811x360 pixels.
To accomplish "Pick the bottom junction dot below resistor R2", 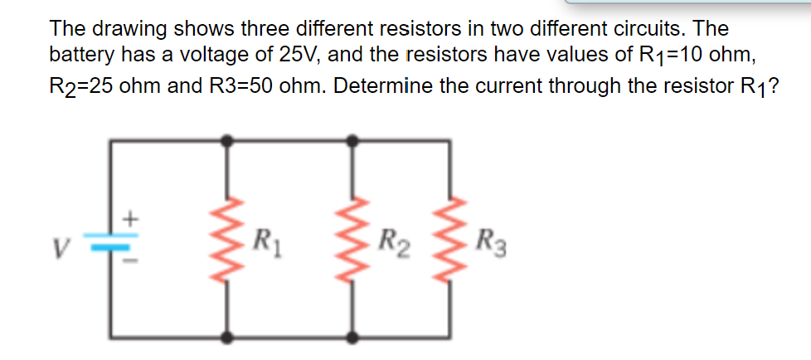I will point(353,337).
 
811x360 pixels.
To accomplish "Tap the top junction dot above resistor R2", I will point(353,142).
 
